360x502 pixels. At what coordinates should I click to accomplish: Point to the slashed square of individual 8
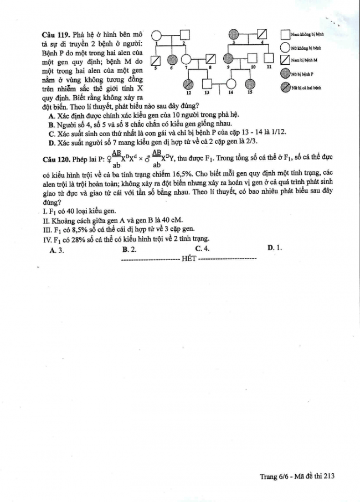click(211, 59)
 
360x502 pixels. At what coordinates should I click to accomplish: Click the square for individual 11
click(269, 58)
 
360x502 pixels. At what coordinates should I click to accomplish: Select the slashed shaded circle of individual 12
click(189, 84)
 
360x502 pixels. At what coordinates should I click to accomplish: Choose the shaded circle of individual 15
click(250, 84)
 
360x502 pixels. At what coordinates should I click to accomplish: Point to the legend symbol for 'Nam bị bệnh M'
click(285, 59)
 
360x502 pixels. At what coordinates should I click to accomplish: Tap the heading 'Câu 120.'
click(57, 159)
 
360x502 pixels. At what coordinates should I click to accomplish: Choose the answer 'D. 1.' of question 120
click(275, 248)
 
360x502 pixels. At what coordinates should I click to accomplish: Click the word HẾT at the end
click(189, 258)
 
